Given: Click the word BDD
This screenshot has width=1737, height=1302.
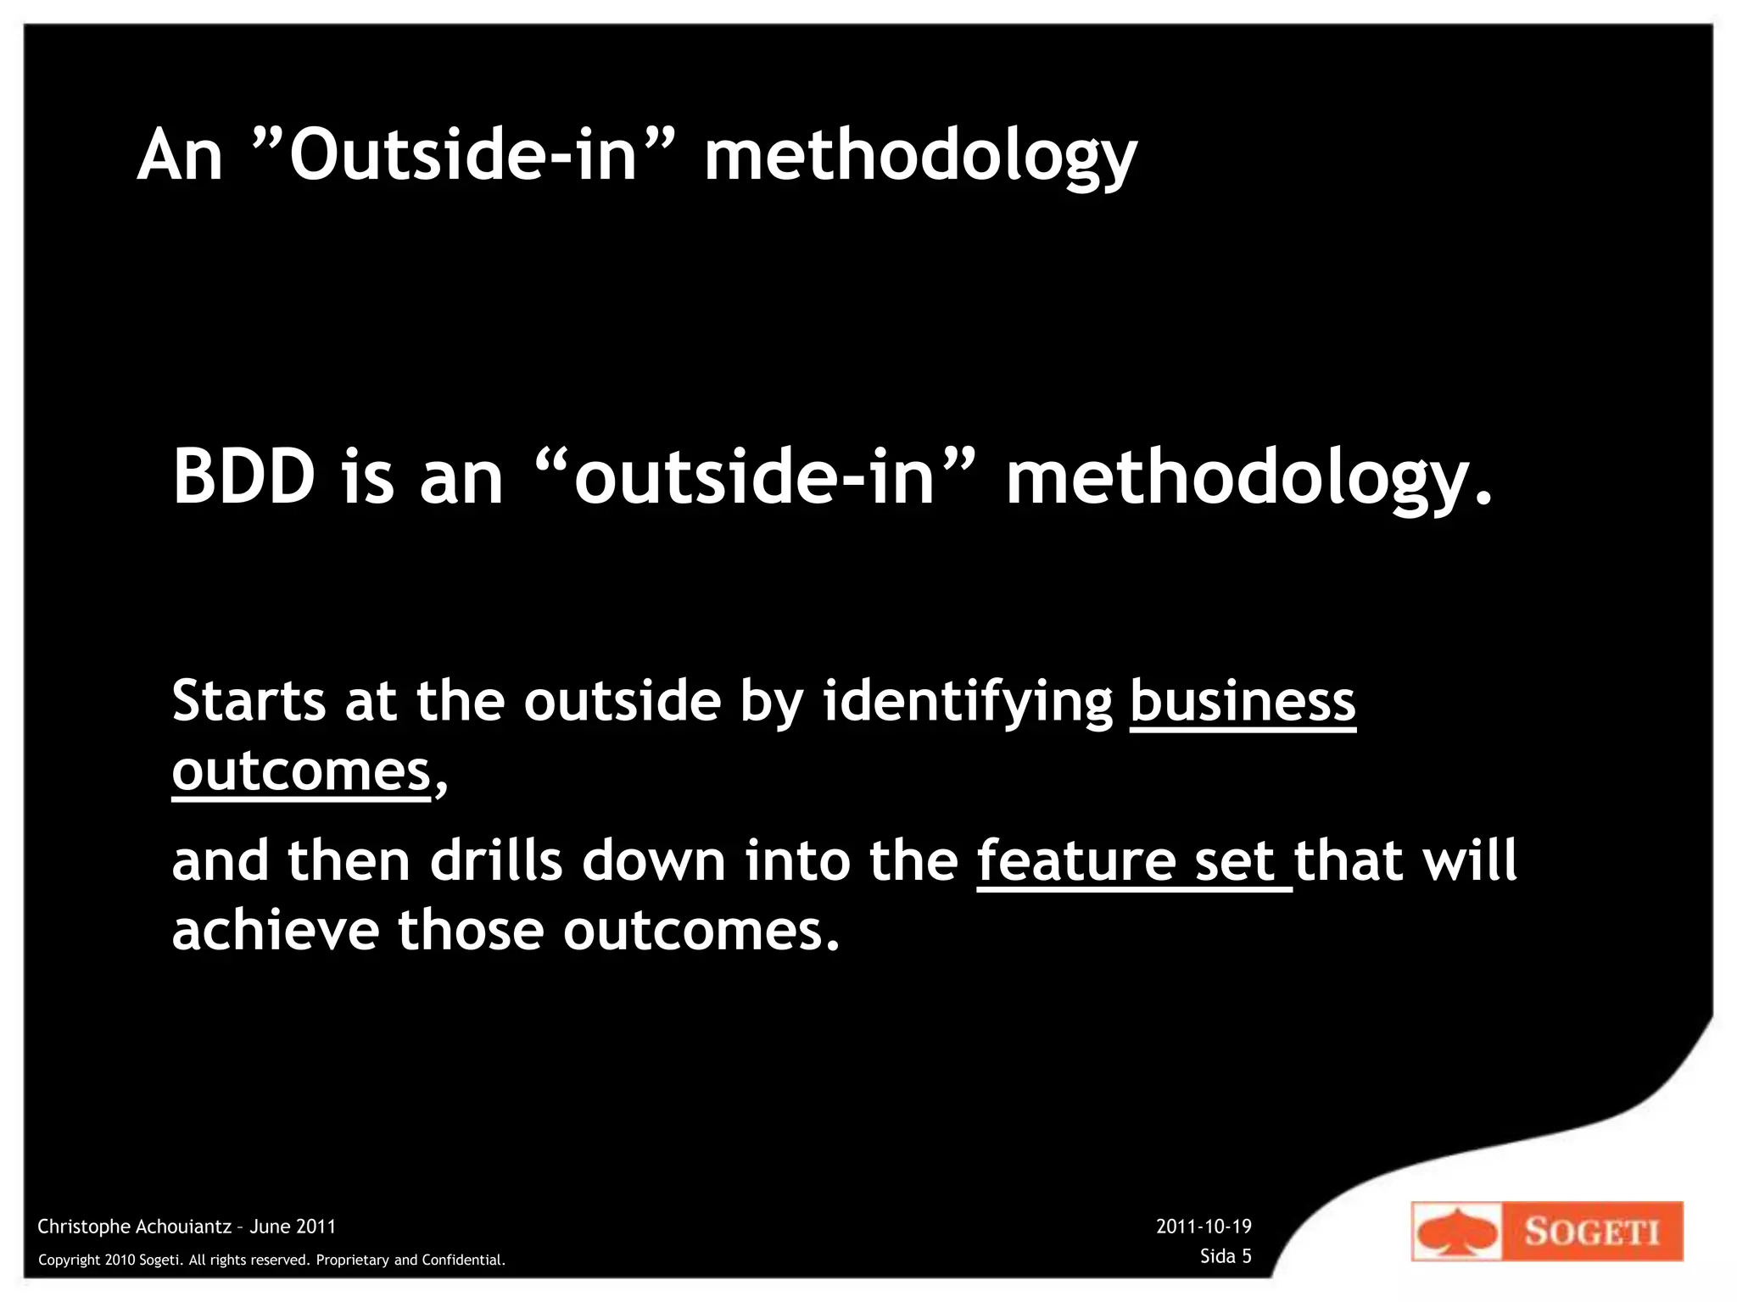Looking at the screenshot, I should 244,476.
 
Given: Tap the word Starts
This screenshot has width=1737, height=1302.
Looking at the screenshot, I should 249,701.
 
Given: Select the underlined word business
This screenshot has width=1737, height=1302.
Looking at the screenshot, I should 1243,701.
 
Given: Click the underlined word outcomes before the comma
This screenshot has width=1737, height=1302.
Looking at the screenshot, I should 301,771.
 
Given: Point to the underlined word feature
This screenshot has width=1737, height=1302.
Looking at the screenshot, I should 1076,860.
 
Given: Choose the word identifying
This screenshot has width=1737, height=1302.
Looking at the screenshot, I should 968,703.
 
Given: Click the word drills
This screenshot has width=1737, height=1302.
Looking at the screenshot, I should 496,860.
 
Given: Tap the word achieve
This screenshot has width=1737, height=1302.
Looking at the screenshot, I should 275,930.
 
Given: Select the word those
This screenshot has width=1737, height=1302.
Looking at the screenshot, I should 471,930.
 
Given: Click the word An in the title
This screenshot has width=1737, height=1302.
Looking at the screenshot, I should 180,155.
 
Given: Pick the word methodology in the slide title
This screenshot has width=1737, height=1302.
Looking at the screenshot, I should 920,157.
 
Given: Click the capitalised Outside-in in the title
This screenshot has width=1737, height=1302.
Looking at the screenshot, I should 463,155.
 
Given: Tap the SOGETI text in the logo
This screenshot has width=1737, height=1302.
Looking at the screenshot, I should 1591,1231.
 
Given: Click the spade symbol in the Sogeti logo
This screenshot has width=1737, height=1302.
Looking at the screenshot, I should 1456,1232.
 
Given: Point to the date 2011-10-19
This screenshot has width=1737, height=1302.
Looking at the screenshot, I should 1204,1226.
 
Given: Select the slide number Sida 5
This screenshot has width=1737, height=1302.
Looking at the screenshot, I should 1226,1256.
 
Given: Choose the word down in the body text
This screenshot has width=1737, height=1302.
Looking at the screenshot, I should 653,860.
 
